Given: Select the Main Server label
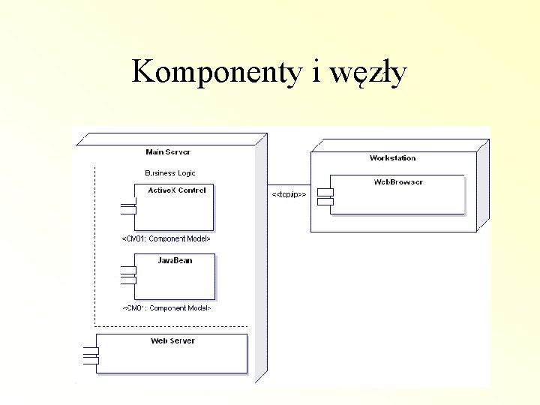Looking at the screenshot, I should coord(167,152).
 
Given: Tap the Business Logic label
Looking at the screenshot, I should coord(170,172).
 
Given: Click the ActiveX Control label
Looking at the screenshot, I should coord(177,190).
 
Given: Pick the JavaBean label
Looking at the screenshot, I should coord(175,260).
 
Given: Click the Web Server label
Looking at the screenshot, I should coord(172,340).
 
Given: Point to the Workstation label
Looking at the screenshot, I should coord(392,158).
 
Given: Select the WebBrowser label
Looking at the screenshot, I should coord(398,182).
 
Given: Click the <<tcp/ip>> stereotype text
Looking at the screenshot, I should coord(288,194).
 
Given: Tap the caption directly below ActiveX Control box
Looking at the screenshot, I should coord(166,239).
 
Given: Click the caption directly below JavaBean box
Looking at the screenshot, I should coord(166,308).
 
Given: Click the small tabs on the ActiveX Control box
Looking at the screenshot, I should coord(127,208).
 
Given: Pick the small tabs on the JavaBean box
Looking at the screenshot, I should coord(127,277).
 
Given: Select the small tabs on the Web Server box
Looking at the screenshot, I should coord(91,355).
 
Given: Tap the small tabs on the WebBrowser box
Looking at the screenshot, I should coord(325,196).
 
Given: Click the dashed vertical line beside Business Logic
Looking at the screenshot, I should coord(95,240).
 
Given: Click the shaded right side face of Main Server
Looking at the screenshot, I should coord(261,262).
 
